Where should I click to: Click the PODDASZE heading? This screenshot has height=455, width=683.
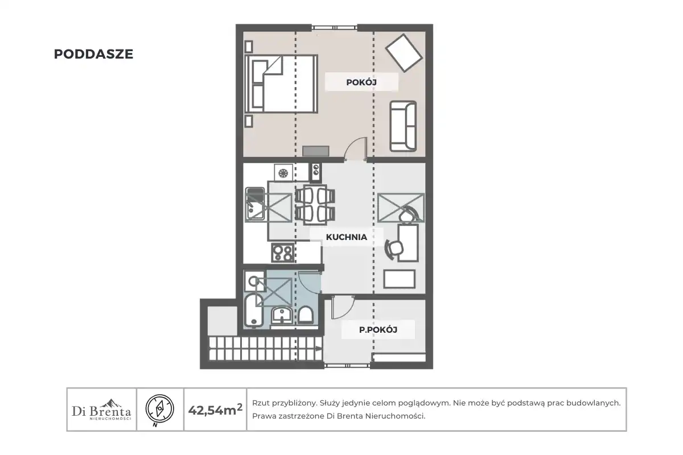click(x=93, y=54)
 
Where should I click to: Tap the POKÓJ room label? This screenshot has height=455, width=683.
click(x=361, y=82)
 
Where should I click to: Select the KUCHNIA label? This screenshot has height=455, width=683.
click(x=347, y=237)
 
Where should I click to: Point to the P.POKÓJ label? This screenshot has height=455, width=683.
click(x=378, y=330)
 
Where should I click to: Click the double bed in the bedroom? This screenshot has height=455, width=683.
click(x=281, y=84)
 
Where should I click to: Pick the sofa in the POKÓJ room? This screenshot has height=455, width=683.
click(x=403, y=126)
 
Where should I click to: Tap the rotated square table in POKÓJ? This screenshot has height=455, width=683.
click(x=404, y=53)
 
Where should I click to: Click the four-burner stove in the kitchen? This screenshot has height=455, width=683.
click(x=283, y=253)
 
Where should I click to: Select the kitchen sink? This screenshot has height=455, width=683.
click(x=255, y=204)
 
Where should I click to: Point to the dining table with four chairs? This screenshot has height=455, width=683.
click(x=315, y=205)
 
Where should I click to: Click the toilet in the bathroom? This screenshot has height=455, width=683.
click(x=305, y=315)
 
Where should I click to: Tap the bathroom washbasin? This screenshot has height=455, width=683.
click(x=282, y=315)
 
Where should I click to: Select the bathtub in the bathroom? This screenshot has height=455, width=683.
click(x=253, y=309)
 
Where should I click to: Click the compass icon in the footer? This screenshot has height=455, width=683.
click(x=160, y=409)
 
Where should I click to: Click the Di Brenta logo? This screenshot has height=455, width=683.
click(x=101, y=409)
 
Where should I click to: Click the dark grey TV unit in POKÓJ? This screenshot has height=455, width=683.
click(x=315, y=151)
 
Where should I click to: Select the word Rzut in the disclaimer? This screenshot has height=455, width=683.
click(x=261, y=403)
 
